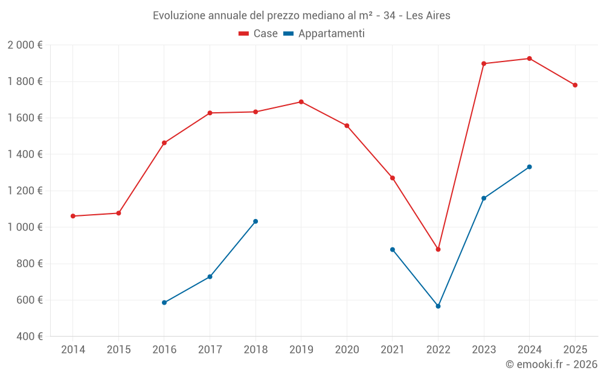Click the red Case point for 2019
pos(301,102)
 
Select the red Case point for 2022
pos(438,249)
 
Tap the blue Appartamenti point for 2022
pos(438,306)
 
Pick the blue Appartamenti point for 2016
pos(164,303)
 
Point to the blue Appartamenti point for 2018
pos(255,221)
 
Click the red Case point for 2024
pos(529,59)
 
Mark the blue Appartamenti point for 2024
pos(529,167)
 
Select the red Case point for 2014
pos(72,216)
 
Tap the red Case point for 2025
pos(575,85)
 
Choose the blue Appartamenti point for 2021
pos(392,250)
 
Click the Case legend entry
pos(259,34)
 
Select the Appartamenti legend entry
pos(324,34)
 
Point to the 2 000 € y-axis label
pos(25,45)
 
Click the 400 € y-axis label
pos(28,337)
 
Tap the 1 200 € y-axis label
pos(25,191)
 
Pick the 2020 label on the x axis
pos(347,350)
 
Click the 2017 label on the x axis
pos(210,350)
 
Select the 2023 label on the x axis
pos(484,350)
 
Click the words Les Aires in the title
pos(428,16)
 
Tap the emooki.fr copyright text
pos(551,364)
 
